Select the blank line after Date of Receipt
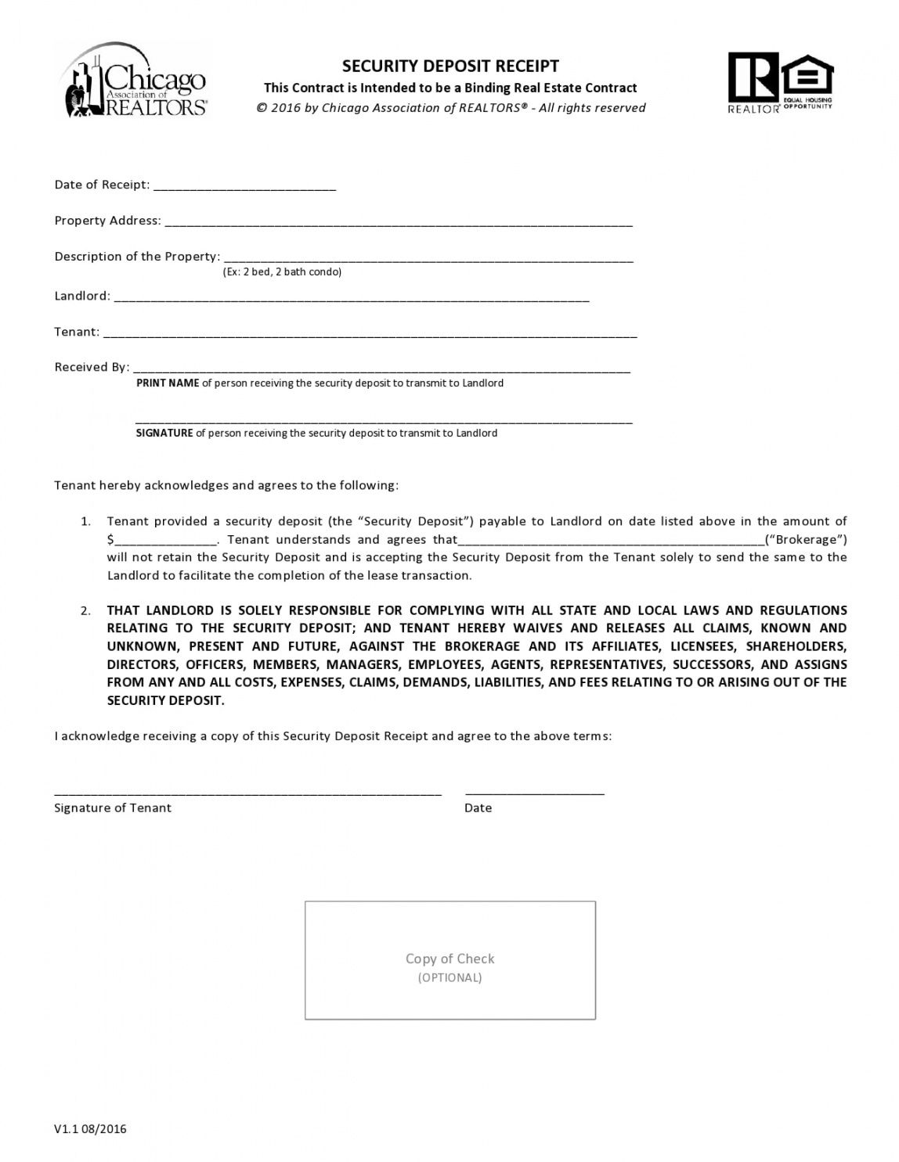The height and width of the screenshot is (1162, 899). point(244,186)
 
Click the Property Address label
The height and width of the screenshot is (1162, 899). point(107,221)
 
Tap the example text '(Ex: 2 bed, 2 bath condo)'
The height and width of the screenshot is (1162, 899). point(282,272)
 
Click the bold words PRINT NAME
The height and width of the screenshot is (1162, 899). point(168,383)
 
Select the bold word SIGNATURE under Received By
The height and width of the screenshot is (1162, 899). point(164,433)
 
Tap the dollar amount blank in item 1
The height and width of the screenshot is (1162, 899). point(166,541)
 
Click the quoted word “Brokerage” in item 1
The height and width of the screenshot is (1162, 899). point(809,539)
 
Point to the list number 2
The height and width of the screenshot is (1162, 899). point(85,610)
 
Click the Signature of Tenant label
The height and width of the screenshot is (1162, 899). point(113,808)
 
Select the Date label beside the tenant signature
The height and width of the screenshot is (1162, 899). point(478,808)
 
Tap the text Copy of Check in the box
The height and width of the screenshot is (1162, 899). point(450,959)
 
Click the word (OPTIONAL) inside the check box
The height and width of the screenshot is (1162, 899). point(450,977)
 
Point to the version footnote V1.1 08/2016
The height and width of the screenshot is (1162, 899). point(90,1128)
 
